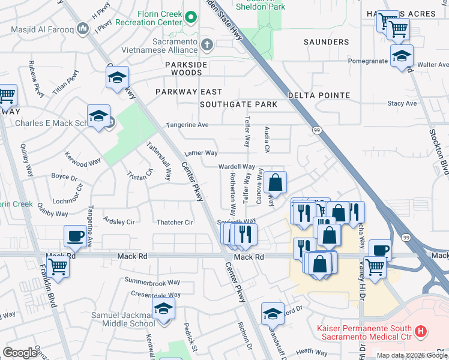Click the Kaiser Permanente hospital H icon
(x=421, y=331)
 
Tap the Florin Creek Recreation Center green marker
(x=191, y=17)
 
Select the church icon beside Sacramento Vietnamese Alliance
(x=207, y=44)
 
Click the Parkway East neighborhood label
(x=188, y=92)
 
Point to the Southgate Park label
(x=238, y=104)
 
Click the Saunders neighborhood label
(x=326, y=42)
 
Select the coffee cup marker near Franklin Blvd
(x=75, y=236)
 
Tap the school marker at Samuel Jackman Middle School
(x=163, y=309)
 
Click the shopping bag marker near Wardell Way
(x=275, y=182)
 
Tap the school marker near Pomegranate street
(x=401, y=56)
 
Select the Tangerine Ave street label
(x=187, y=125)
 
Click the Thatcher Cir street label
(x=174, y=223)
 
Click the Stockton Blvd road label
(x=440, y=149)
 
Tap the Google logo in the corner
(x=20, y=353)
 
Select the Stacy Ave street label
(x=402, y=103)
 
